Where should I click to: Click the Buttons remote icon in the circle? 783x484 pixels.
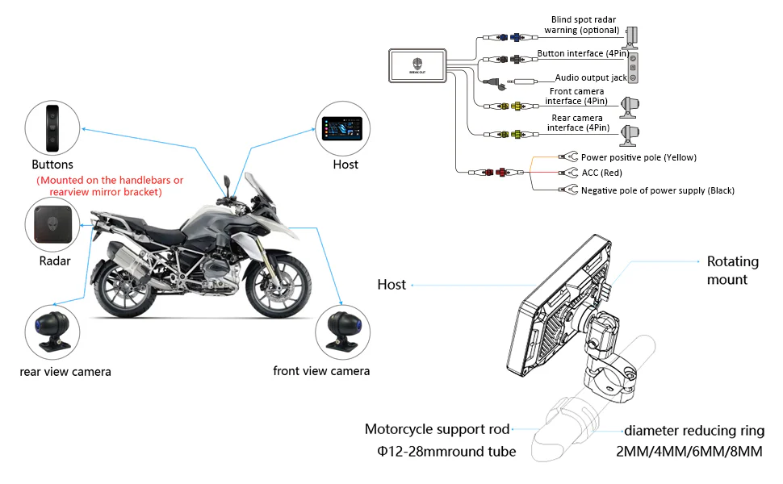tap(53, 127)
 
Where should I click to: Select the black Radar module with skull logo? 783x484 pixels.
tap(53, 223)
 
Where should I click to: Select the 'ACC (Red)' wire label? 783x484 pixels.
tap(601, 173)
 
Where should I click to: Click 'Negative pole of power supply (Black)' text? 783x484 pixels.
tap(658, 190)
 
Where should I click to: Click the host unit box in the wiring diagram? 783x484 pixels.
tap(417, 67)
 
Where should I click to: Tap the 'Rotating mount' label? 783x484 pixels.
tap(733, 270)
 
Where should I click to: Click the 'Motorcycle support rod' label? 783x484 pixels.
tap(436, 429)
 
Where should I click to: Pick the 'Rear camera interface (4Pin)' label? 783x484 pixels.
tap(576, 123)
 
